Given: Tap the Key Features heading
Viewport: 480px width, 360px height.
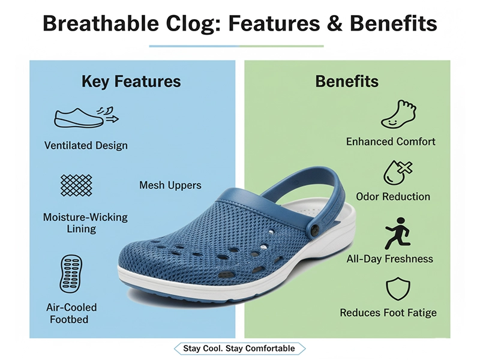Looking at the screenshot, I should (131, 82).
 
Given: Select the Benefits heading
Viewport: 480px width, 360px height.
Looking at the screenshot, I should (347, 82).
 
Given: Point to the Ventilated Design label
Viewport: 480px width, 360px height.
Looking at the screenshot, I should (86, 145).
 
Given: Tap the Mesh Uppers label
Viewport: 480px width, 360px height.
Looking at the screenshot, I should (170, 185).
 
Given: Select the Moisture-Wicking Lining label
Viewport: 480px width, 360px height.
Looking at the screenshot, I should (85, 223).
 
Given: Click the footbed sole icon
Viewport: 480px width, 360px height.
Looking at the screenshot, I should (71, 273).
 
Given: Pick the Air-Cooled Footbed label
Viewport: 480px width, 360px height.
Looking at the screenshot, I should (71, 313).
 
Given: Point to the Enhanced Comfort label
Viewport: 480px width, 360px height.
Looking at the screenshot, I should (391, 142).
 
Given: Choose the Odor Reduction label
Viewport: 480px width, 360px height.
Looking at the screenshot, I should (393, 196).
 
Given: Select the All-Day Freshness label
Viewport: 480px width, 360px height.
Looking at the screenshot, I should (389, 259).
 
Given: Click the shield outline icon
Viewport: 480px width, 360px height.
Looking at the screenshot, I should (397, 289).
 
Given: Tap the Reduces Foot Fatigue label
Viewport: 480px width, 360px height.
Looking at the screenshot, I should (388, 313).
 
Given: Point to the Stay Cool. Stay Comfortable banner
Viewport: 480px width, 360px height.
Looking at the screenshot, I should (239, 349).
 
